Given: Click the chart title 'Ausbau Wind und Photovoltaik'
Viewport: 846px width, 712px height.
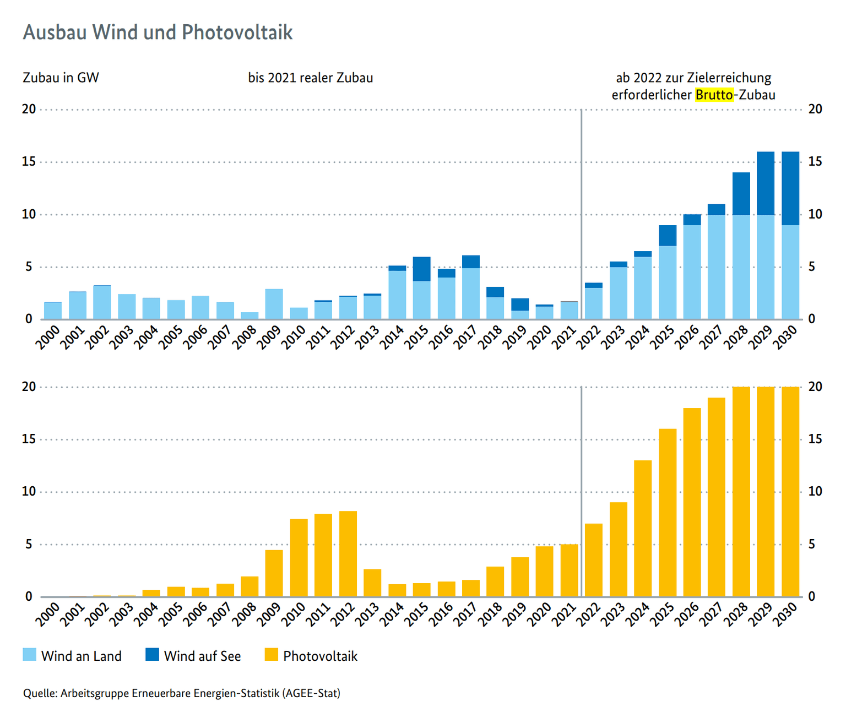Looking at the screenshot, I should coord(158,32).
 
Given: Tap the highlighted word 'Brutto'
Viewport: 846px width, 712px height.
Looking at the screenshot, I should coord(714,95).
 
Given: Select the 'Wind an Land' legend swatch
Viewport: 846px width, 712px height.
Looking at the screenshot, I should coord(29,655).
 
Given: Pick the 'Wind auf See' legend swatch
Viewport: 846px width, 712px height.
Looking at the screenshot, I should coord(152,655).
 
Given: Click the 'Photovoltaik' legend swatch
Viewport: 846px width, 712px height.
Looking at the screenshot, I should coord(271,655).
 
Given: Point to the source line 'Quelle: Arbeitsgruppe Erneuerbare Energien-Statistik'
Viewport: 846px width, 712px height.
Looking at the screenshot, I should coord(181,693).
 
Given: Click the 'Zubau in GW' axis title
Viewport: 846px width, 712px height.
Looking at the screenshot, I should coord(61,78).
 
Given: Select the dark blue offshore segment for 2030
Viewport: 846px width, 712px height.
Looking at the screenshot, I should coord(790,188).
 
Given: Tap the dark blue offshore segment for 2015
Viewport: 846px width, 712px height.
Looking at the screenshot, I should coord(422,269).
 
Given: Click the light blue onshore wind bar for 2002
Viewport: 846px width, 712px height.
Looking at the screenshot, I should coord(102,302).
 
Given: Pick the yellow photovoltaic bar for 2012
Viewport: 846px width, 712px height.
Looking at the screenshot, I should coord(348,554).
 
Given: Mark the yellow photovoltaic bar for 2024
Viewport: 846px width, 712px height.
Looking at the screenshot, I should coord(643,529).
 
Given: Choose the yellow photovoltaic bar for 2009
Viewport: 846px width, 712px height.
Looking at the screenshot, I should coord(274,573).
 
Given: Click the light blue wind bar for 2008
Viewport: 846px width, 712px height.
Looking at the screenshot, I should coord(250,316).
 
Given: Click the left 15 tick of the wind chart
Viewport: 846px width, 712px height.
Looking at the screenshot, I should coord(29,162).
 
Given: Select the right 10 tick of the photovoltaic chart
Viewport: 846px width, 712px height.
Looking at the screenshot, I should coord(815,492).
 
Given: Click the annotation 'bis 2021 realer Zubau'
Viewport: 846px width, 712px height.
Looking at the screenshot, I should coord(311,78).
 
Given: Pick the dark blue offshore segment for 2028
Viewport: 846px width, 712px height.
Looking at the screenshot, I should coord(741,193).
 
